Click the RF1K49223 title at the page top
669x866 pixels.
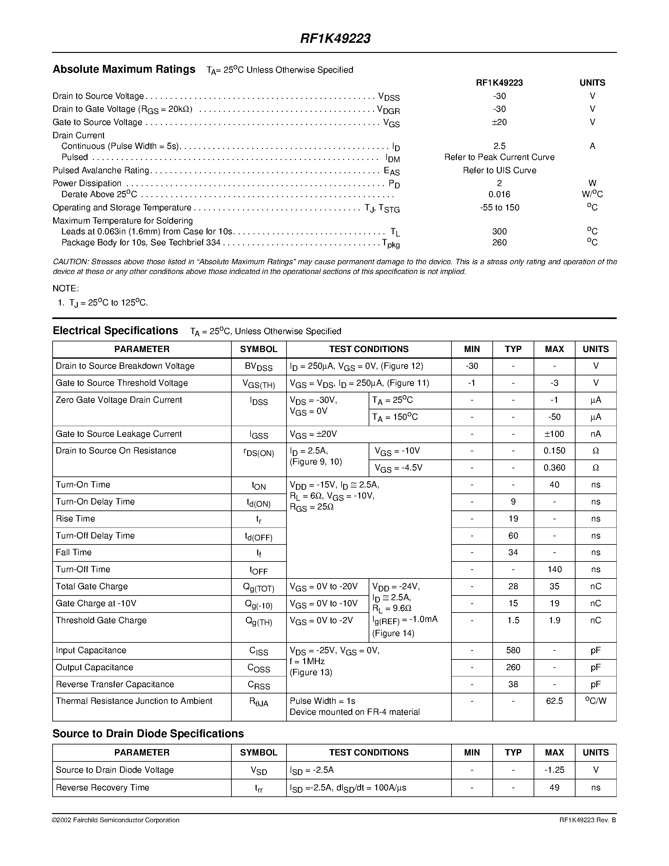pos(335,38)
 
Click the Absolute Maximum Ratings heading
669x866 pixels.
pos(124,69)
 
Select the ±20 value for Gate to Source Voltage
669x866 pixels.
pos(499,122)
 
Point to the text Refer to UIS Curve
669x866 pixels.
pos(499,170)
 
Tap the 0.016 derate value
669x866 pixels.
pos(499,194)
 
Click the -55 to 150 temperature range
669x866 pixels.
pos(499,208)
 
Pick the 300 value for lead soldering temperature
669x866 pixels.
pos(499,231)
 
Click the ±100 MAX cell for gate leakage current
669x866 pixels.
pos(554,434)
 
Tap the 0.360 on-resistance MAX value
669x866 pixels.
pos(554,468)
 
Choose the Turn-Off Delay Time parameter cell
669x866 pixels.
pos(95,536)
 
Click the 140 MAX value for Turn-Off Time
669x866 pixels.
pos(554,569)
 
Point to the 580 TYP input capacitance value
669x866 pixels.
pos(513,650)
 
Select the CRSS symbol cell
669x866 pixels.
pos(258,685)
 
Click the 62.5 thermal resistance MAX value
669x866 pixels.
pos(554,701)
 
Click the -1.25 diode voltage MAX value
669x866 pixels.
pos(554,770)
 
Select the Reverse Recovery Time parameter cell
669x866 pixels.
pos(102,788)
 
